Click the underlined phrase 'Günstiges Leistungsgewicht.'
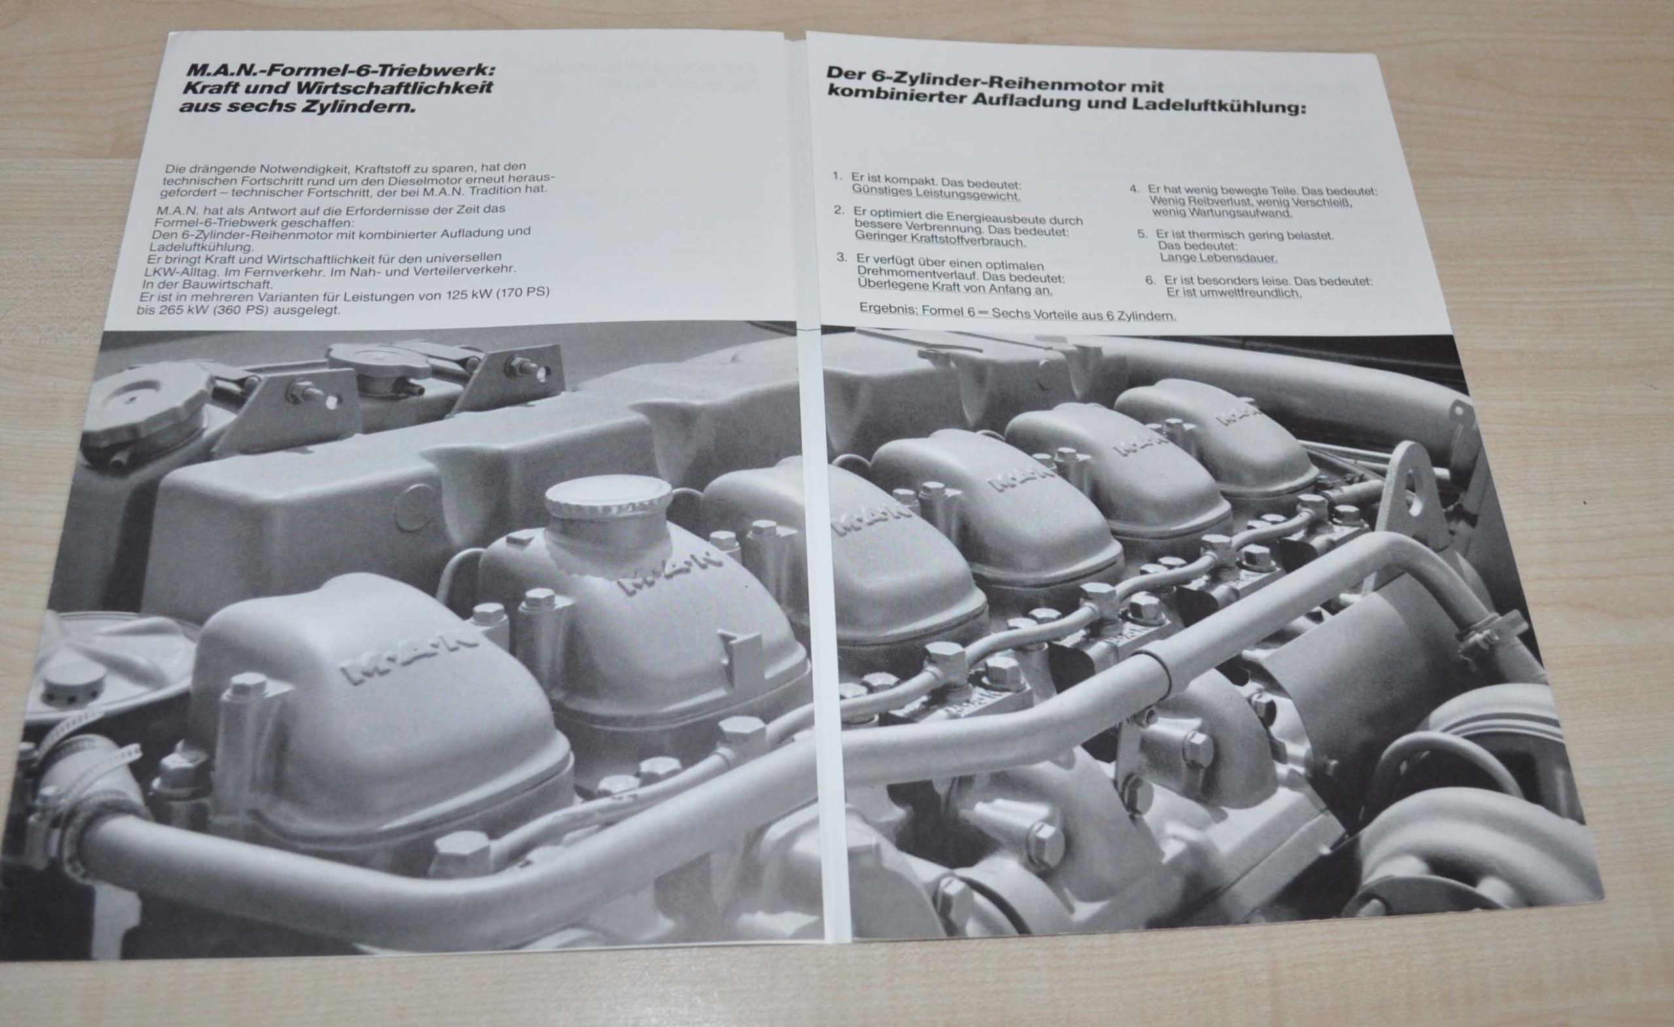(x=936, y=195)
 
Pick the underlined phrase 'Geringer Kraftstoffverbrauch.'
(x=940, y=241)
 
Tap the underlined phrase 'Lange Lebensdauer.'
(x=1218, y=258)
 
